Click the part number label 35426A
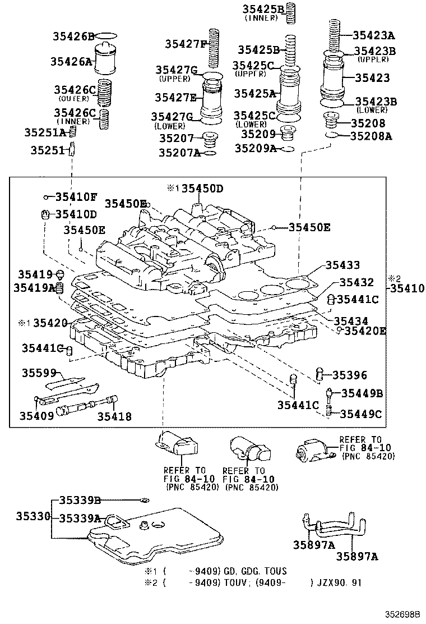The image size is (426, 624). point(72,62)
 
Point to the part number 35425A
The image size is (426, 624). point(255,93)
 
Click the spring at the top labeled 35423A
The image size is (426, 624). point(334,34)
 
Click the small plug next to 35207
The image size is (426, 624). point(211,137)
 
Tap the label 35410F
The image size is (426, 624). point(76,197)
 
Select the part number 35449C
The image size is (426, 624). point(362,414)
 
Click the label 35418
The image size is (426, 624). point(114,416)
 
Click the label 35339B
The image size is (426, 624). point(80,501)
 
